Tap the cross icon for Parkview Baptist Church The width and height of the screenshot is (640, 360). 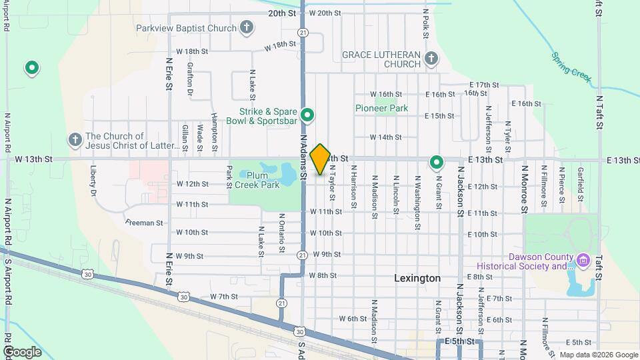point(247,28)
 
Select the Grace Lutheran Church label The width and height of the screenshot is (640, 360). point(381,59)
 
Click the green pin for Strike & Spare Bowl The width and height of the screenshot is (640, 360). point(307,115)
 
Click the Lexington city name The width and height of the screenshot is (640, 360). point(417,278)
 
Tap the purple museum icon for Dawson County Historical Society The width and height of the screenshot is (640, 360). point(584,259)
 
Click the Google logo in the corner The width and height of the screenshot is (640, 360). point(22,351)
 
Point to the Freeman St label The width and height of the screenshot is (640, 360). point(144,223)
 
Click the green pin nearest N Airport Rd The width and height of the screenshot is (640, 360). point(31,67)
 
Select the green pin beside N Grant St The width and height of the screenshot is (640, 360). point(437,161)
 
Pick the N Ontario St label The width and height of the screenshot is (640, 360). point(282,233)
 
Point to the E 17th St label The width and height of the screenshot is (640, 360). point(484,85)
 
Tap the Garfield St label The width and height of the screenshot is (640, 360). point(581,180)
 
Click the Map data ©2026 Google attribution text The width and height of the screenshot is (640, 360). point(597,355)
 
